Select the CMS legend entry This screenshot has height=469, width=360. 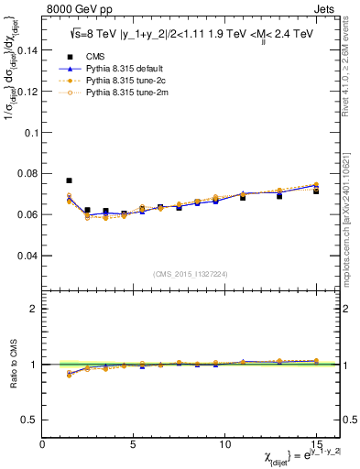click(x=107, y=55)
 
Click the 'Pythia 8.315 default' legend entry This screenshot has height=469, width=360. click(x=133, y=68)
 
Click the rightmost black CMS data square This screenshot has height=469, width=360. click(x=316, y=191)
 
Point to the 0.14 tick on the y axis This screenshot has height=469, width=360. click(x=27, y=50)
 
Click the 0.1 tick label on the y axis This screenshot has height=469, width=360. click(x=30, y=132)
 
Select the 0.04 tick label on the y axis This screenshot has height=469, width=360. click(x=27, y=255)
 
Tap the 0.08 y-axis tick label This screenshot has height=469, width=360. click(x=27, y=173)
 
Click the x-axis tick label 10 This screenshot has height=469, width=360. click(x=224, y=443)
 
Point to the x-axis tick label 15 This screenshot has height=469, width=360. click(x=316, y=443)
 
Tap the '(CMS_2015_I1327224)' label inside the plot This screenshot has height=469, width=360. click(x=190, y=273)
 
